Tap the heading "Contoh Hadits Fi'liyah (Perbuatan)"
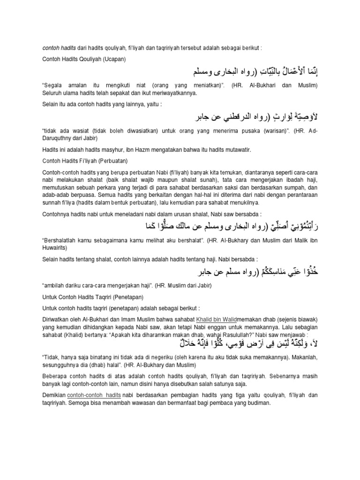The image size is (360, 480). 83,161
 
